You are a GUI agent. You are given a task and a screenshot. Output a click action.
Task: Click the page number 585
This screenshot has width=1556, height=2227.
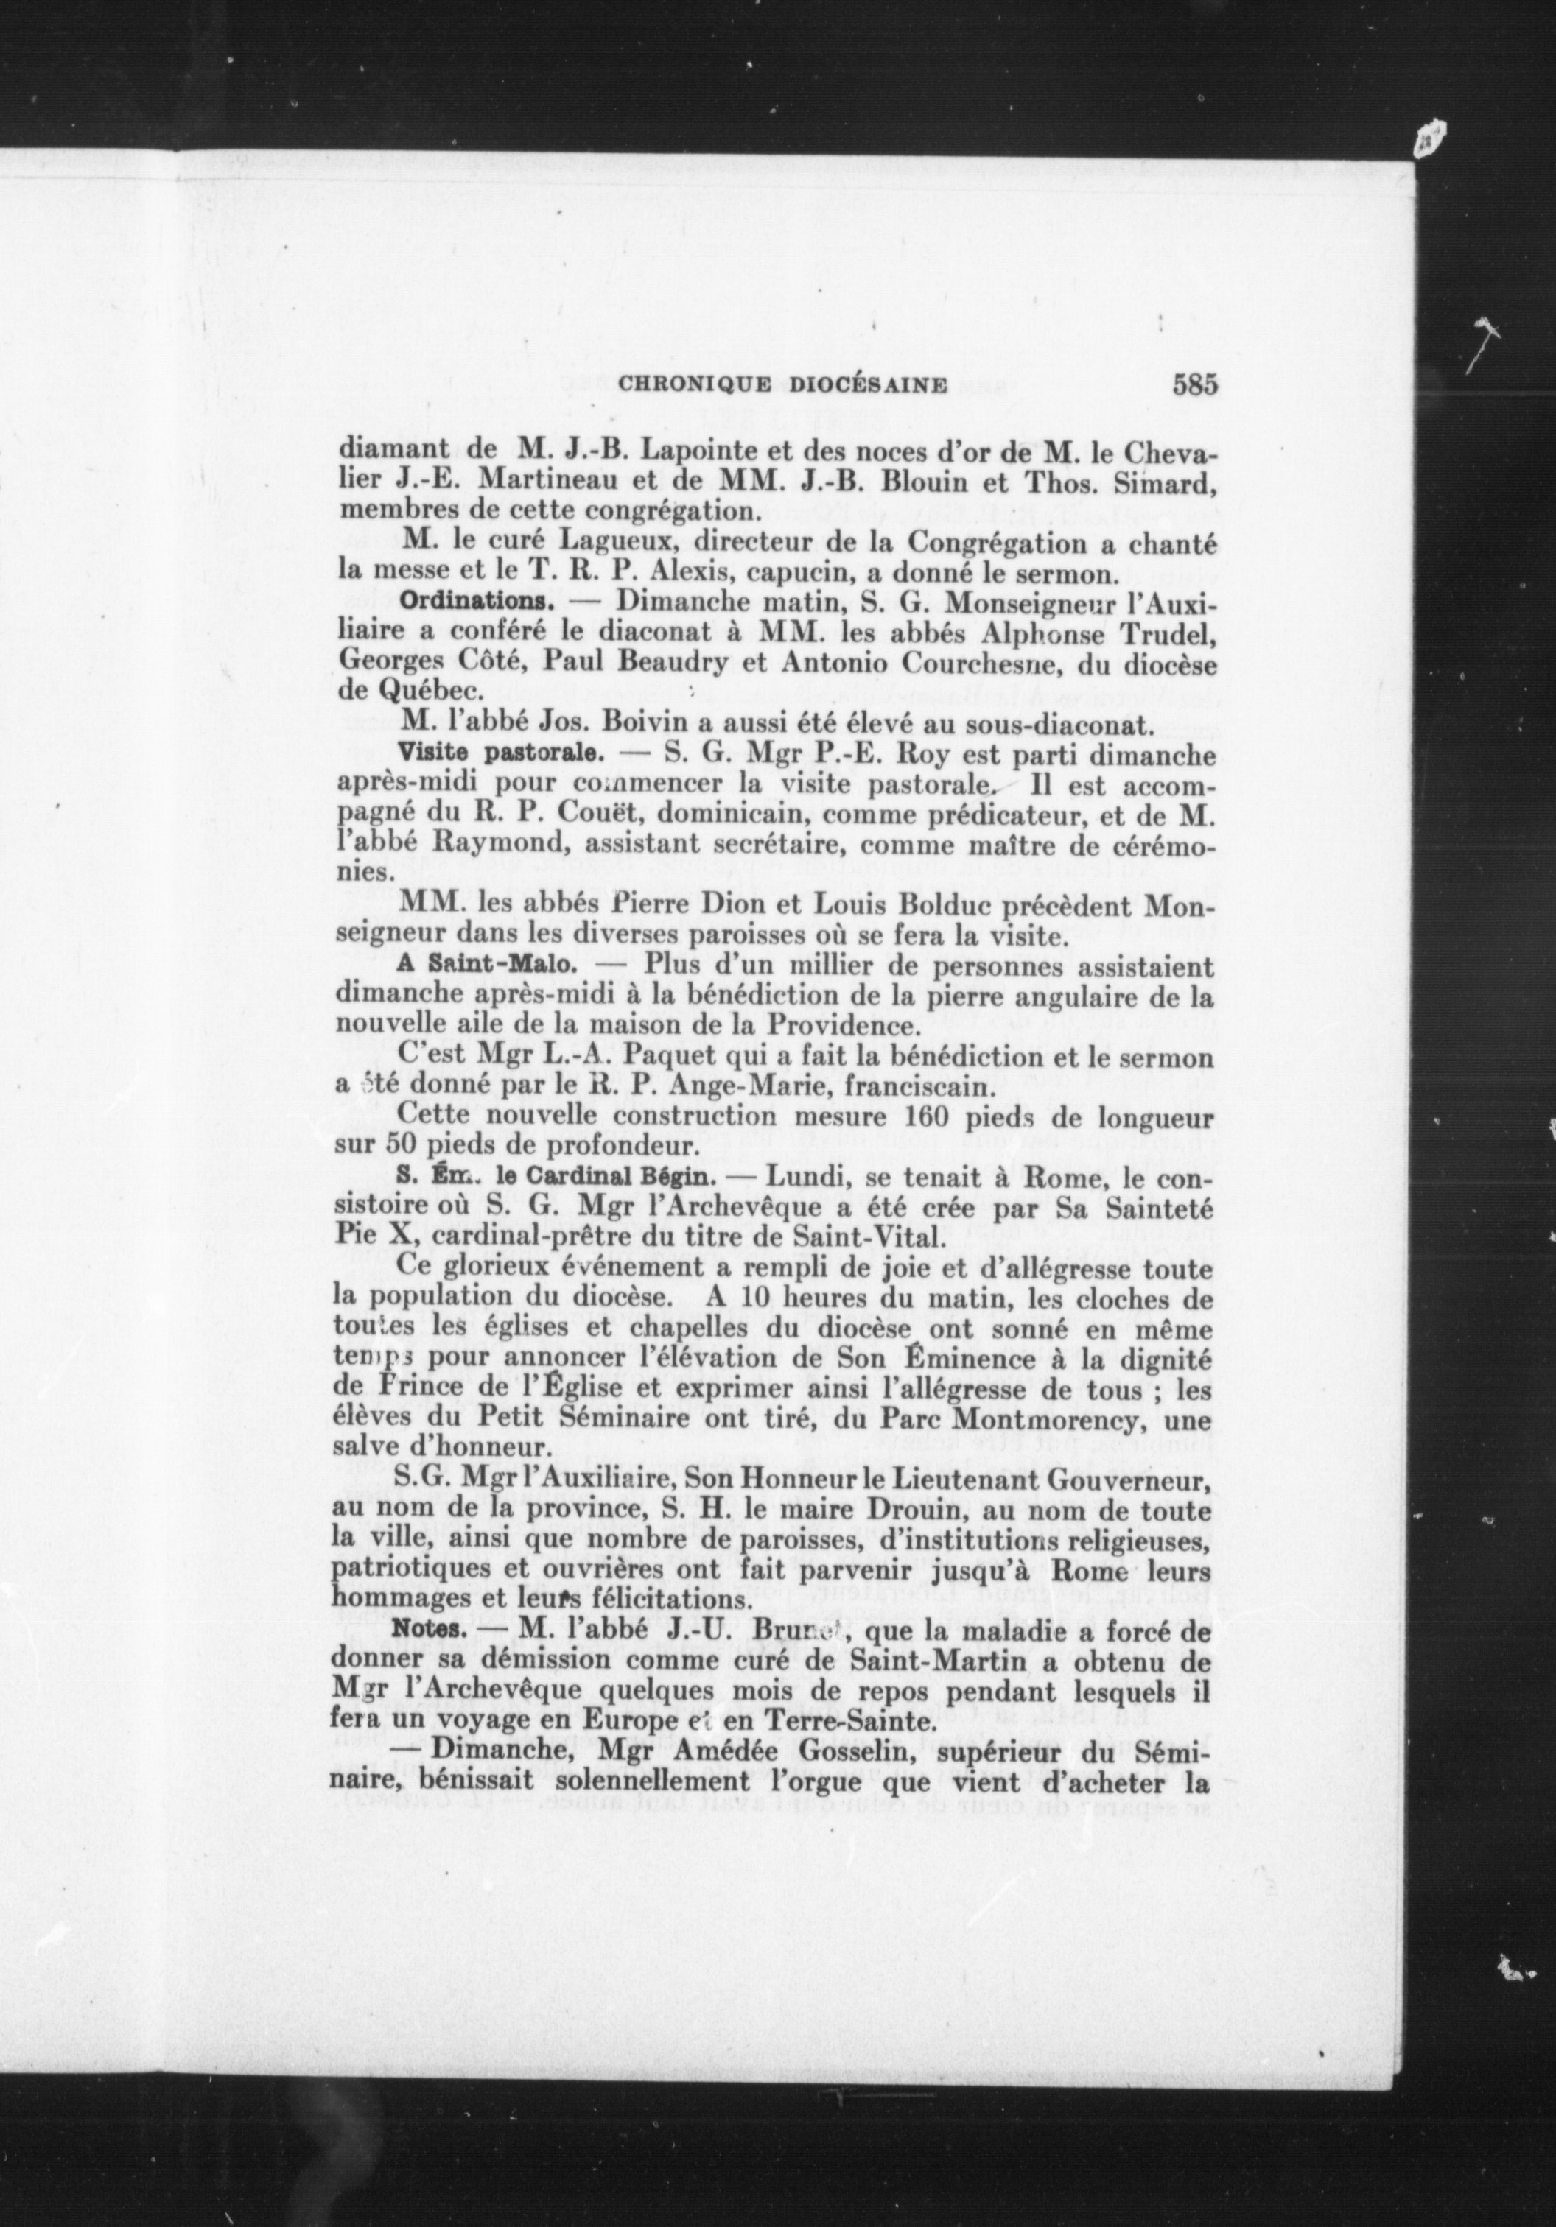(1194, 385)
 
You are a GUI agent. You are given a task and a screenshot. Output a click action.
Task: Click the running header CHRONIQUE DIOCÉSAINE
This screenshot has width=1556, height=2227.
(783, 385)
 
